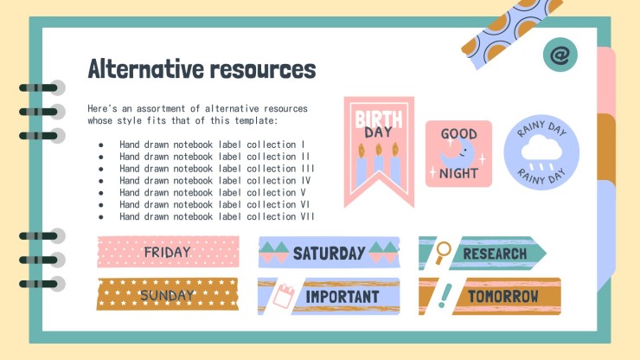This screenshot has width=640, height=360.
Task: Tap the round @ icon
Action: tap(560, 55)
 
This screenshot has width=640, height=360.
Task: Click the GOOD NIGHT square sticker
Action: tap(458, 153)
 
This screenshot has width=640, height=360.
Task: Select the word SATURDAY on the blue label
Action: tap(329, 254)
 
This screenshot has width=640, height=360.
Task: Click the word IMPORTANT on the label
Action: tap(342, 297)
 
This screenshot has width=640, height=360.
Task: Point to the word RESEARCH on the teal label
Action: tap(494, 254)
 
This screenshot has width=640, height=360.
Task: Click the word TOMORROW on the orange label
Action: tap(502, 297)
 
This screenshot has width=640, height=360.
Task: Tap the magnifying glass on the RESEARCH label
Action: tap(443, 252)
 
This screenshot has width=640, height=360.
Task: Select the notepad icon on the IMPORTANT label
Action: tap(282, 296)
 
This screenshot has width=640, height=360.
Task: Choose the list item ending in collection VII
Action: tap(217, 216)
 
